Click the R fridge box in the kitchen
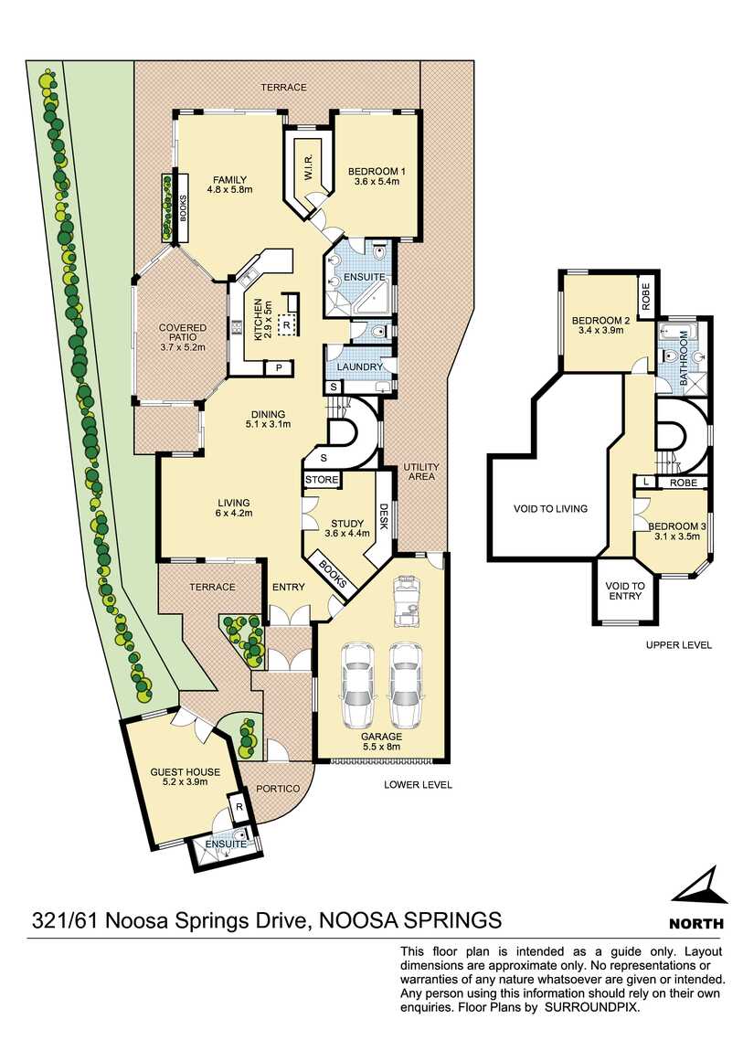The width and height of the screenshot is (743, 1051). click(x=287, y=324)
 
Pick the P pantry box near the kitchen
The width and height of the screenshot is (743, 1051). click(x=277, y=367)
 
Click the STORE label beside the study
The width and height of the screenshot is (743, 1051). click(x=322, y=480)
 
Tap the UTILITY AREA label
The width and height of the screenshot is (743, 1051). click(x=421, y=472)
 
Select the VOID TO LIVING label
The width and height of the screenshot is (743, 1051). click(x=549, y=508)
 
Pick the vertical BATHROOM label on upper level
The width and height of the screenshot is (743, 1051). click(x=682, y=365)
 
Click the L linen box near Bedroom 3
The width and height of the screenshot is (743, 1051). click(x=646, y=482)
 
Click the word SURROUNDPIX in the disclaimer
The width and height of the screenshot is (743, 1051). click(x=593, y=1006)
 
